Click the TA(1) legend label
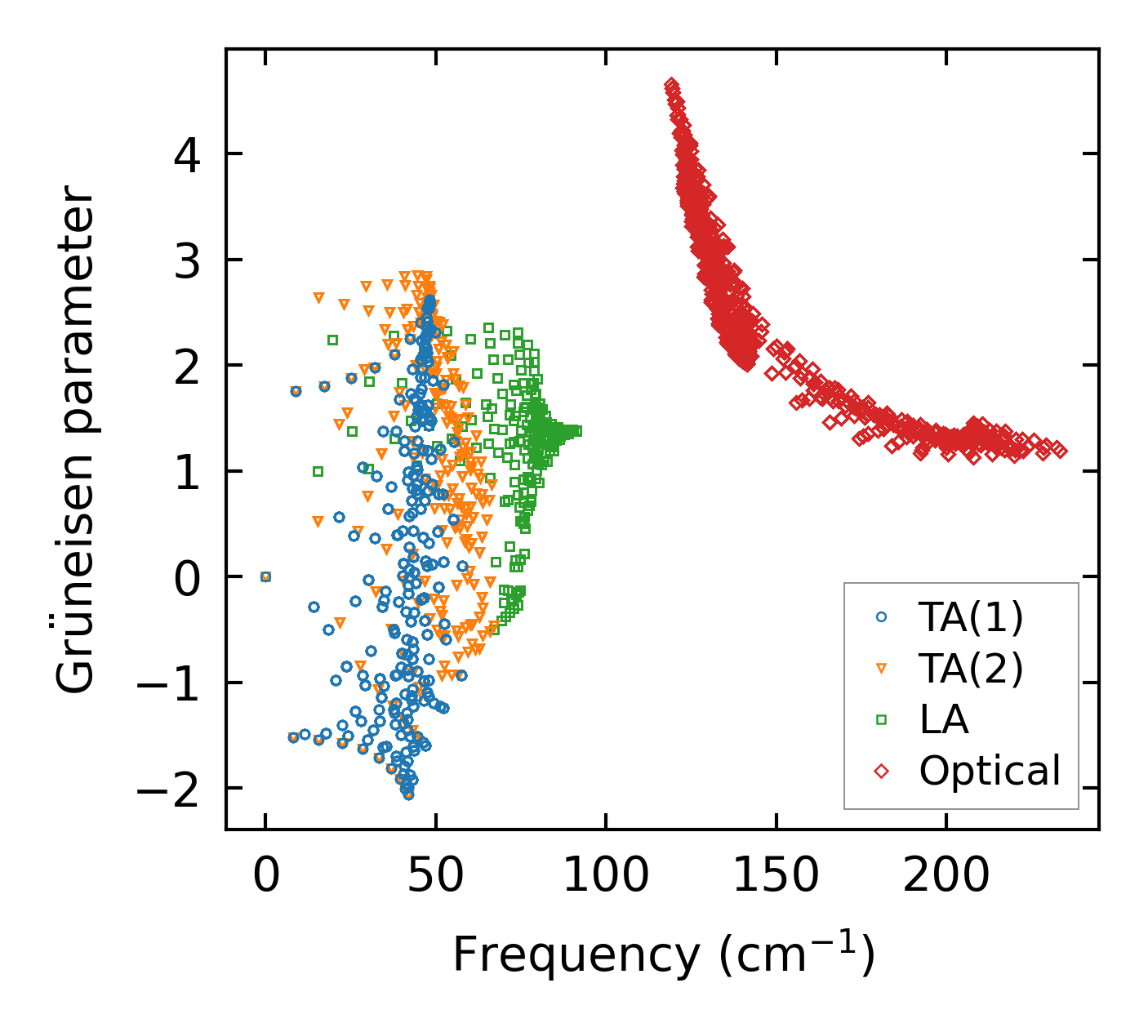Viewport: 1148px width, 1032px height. pos(970,618)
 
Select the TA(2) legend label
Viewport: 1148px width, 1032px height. pos(970,669)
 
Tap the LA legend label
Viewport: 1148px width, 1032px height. pos(944,719)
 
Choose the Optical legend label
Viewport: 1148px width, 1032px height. pos(990,770)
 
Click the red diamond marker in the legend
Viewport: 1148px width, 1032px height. pos(881,770)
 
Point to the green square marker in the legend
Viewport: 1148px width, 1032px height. pos(881,719)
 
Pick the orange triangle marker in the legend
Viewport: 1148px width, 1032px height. pos(881,669)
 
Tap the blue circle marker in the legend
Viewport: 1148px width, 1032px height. pos(881,618)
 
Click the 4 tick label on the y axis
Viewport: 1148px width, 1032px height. pos(189,154)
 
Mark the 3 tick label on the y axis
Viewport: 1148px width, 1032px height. pos(189,260)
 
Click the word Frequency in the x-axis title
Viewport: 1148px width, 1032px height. pos(575,954)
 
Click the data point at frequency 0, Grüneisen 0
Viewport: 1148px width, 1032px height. pos(265,576)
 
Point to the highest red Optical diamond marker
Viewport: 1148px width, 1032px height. pos(670,84)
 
